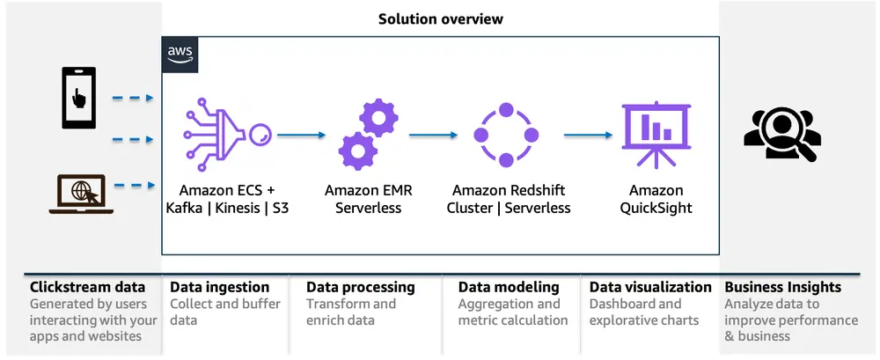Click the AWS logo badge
[180, 55]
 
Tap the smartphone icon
[78, 98]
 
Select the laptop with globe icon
[81, 194]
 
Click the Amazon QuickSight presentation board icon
[656, 135]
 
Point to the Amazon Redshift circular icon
[506, 135]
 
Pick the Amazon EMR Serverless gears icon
[368, 134]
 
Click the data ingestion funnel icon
[227, 134]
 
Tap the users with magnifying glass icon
[782, 135]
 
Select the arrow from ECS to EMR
[301, 135]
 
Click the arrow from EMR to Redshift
[433, 135]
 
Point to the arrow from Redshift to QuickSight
[588, 135]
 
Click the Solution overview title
[441, 19]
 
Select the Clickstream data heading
[87, 287]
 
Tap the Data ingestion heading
[219, 287]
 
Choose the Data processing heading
[360, 288]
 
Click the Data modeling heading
[509, 288]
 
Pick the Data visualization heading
[650, 287]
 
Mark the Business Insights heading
[783, 288]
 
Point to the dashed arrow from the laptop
[134, 186]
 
